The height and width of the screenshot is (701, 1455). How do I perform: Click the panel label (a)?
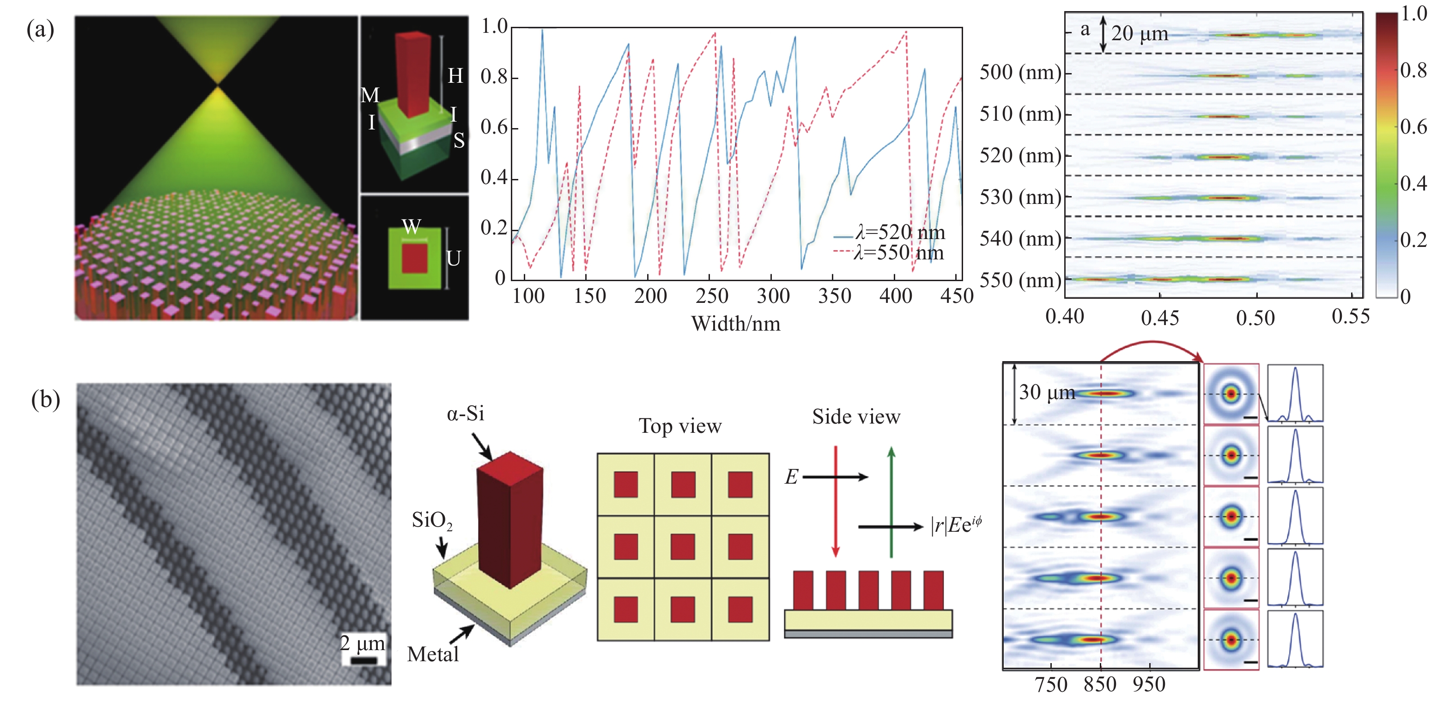point(40,30)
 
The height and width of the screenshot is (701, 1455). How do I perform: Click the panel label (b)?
point(45,400)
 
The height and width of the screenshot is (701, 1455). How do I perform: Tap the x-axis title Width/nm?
point(735,324)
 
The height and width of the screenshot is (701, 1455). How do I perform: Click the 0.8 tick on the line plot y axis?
point(494,77)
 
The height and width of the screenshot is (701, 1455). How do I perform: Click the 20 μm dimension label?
point(1139,34)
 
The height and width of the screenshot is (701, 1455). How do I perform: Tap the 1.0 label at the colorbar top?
point(1414,13)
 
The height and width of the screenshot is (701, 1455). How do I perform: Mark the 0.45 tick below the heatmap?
point(1159,318)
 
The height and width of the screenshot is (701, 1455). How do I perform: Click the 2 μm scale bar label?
point(363,643)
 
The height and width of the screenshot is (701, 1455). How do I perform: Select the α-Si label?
point(466,414)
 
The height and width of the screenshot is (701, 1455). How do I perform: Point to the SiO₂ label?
point(432,520)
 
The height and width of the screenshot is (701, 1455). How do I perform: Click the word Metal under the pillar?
point(433,654)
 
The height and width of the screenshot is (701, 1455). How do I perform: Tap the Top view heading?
point(680,426)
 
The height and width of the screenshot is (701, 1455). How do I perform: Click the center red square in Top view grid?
point(683,547)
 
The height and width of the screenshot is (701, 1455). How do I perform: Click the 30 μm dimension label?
point(1047,392)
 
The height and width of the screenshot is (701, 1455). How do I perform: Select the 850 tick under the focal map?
point(1100,685)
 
